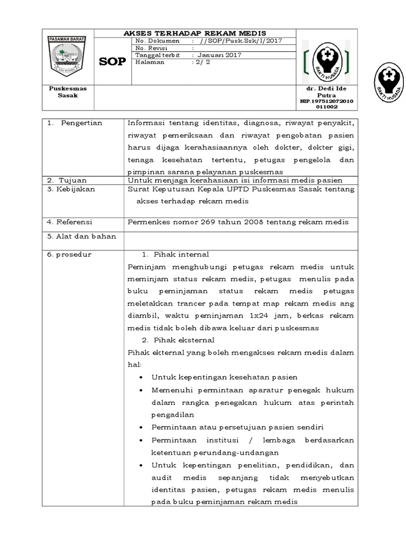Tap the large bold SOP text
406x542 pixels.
coord(113,62)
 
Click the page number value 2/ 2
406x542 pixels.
coord(201,62)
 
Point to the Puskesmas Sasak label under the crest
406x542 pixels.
coord(68,92)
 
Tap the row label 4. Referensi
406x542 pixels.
coord(70,221)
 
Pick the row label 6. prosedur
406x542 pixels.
coord(69,255)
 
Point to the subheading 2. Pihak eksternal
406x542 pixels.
coord(178,340)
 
